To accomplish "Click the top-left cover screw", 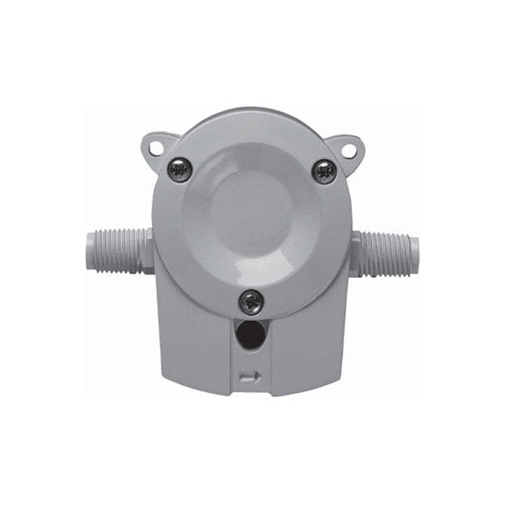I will [x=180, y=169].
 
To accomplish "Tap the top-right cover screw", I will [x=324, y=171].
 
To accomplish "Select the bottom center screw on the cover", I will [x=251, y=301].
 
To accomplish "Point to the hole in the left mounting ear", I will [x=156, y=148].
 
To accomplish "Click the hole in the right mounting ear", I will [x=348, y=150].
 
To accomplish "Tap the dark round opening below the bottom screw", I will [x=250, y=337].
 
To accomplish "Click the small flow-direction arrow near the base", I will [x=250, y=377].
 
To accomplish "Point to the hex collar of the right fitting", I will [x=357, y=253].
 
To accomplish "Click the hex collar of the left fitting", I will [x=146, y=250].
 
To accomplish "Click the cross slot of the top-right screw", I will [x=324, y=171].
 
